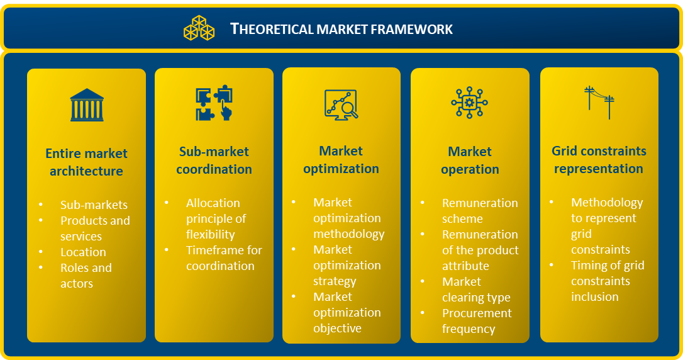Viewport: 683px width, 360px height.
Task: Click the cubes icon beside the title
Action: tap(199, 28)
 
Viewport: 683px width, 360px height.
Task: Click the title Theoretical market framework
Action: tap(341, 29)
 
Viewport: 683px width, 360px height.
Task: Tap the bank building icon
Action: tap(87, 105)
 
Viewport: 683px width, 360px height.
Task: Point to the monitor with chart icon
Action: tap(341, 104)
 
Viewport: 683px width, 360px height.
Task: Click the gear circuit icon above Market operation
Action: tap(469, 103)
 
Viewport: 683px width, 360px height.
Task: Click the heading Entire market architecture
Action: tap(86, 162)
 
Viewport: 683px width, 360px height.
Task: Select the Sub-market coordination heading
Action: tap(214, 160)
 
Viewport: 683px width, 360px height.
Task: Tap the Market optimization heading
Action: tap(341, 160)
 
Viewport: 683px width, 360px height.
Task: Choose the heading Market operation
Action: tap(470, 160)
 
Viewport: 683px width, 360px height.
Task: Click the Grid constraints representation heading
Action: tap(599, 160)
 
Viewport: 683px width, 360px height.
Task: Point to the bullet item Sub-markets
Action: tap(94, 205)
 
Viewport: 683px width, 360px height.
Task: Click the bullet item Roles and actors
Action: tap(86, 276)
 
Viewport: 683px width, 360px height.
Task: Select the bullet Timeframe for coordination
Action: tap(223, 258)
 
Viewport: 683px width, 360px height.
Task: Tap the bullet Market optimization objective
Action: tap(347, 312)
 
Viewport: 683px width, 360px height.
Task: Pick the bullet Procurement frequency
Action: tap(476, 321)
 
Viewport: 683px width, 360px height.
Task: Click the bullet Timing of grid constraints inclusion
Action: tap(607, 281)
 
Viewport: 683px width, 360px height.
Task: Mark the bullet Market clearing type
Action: tap(475, 290)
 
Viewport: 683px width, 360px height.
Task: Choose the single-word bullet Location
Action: tap(83, 252)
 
